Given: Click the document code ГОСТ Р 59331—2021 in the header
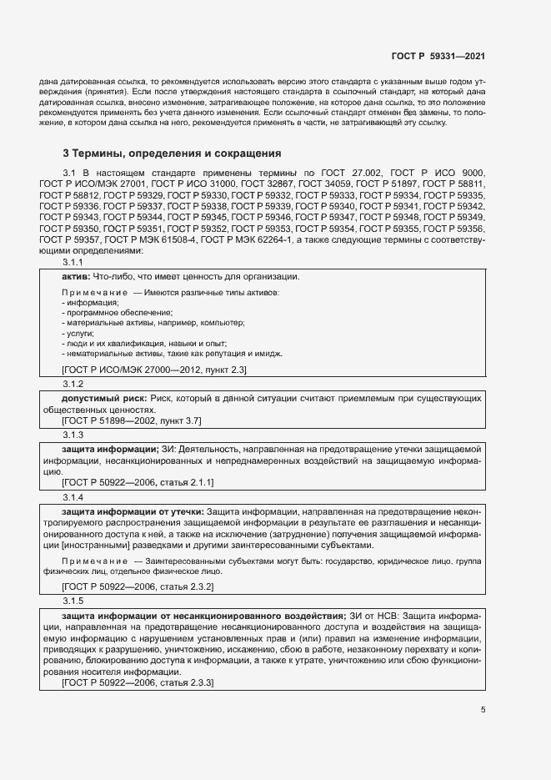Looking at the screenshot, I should coord(438,57).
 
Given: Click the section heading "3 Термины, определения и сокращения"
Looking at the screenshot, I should coord(172,153).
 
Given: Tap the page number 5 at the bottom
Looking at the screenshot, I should coord(483,710).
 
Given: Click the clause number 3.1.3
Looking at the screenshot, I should coord(73,435).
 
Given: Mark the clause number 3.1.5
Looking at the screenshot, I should coord(73,600).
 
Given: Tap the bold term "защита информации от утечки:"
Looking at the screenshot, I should coord(133,511).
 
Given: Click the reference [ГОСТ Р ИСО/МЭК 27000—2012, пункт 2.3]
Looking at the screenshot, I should coord(154,369).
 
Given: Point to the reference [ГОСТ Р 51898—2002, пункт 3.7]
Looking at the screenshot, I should coord(131,420).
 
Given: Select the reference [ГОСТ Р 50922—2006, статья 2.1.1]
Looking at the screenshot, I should coord(138,482).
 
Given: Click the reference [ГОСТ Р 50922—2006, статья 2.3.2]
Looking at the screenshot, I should coord(138,586).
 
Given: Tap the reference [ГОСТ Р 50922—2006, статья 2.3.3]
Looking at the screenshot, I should coord(138,683).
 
